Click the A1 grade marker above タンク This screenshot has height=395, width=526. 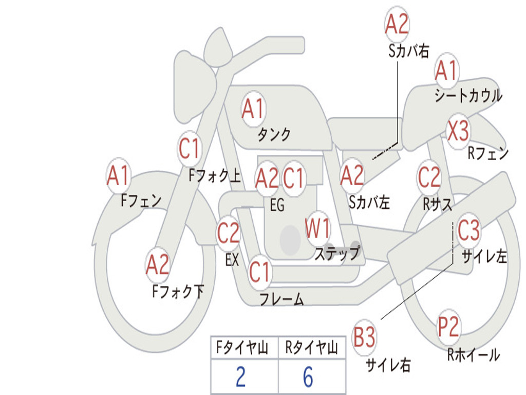[254, 109]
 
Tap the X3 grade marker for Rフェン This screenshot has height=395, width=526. [458, 131]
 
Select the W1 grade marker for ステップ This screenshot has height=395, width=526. [317, 228]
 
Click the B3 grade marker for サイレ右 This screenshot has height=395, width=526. [364, 337]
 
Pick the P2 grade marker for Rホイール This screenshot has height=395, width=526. [448, 327]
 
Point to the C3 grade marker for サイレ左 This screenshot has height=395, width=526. [468, 230]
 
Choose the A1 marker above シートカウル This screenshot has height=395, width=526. [446, 70]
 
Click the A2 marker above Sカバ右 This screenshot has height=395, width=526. [397, 24]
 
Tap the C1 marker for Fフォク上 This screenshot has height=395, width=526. [190, 149]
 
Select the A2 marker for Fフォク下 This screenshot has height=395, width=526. [158, 265]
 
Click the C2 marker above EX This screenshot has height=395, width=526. [229, 233]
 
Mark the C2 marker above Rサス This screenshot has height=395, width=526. [429, 177]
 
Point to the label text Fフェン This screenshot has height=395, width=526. [141, 201]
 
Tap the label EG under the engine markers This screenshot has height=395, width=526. [277, 205]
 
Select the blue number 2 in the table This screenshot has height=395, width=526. [241, 377]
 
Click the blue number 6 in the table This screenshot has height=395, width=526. [308, 377]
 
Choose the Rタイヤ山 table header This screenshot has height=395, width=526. [312, 347]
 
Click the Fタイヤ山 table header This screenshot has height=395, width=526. [242, 347]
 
